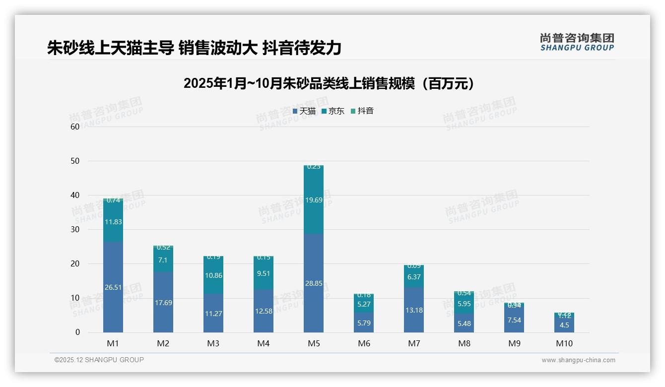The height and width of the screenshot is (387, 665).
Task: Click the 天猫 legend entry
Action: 304,111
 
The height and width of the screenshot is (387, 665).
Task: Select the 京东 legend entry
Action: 333,111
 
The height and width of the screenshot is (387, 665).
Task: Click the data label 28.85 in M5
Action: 314,283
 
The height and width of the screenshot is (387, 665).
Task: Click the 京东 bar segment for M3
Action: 213,275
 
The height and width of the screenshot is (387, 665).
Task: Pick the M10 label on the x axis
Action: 564,343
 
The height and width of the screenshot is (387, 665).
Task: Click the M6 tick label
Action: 364,343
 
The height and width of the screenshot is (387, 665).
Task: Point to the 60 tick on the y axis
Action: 75,127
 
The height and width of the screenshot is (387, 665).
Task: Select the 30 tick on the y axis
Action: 75,229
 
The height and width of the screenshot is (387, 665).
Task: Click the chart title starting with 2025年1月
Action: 329,83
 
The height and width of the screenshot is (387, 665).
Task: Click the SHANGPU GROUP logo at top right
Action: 577,42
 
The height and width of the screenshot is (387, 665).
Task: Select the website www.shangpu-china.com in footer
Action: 578,360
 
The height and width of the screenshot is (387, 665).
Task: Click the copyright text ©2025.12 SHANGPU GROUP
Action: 99,360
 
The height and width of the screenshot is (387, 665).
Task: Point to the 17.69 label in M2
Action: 163,303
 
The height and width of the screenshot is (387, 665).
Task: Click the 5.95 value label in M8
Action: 464,304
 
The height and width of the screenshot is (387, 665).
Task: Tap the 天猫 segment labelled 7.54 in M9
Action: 514,321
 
